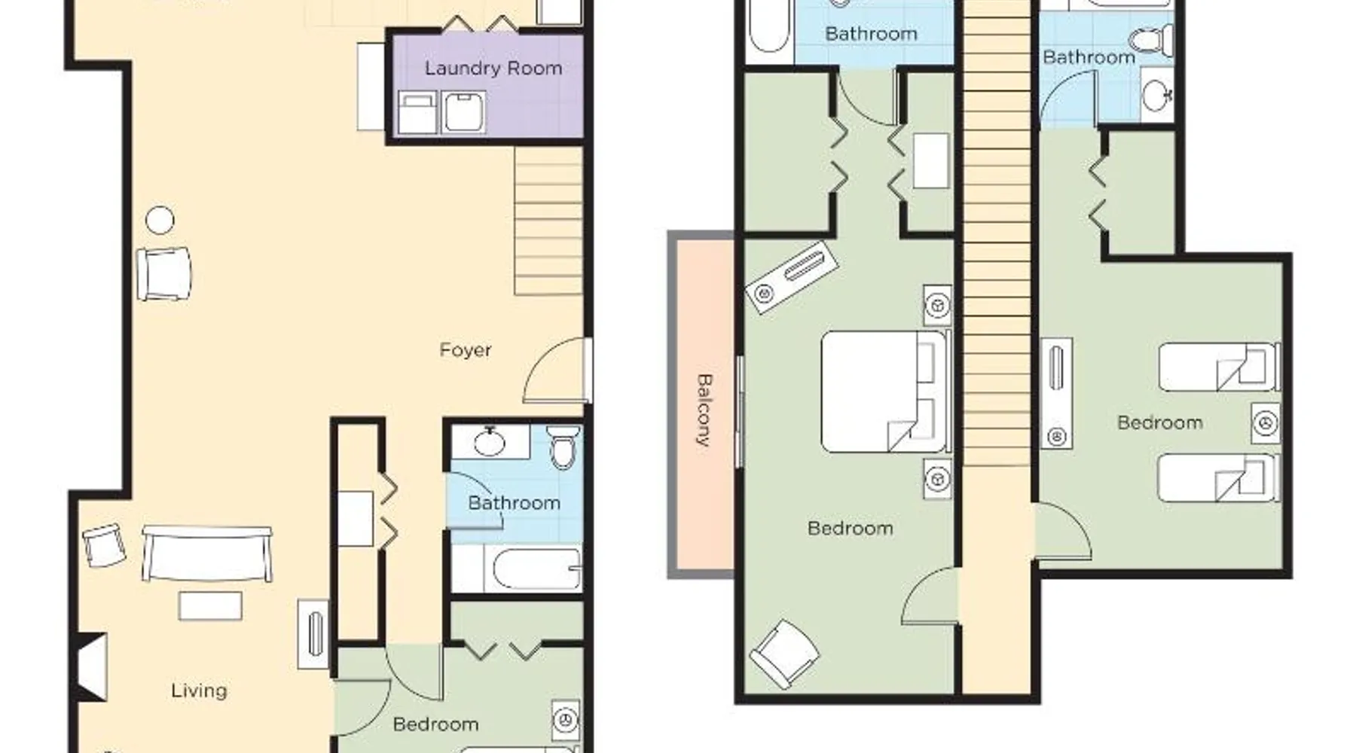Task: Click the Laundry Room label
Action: [x=493, y=69]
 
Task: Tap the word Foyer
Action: [x=466, y=350]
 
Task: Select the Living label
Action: [x=199, y=691]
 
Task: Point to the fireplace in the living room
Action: [x=92, y=667]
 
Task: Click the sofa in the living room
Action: [x=207, y=553]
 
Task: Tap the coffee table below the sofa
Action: [x=210, y=605]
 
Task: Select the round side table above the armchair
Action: [x=160, y=221]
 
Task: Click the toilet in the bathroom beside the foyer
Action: [x=564, y=446]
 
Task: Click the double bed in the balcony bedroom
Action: [x=884, y=392]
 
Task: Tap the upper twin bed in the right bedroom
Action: [x=1218, y=367]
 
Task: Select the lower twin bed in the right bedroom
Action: [x=1218, y=477]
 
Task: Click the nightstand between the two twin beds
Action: [x=1266, y=422]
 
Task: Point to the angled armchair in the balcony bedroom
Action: [x=785, y=654]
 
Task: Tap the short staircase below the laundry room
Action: [x=548, y=221]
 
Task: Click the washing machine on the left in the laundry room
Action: [x=417, y=113]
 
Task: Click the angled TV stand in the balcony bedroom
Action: [x=792, y=276]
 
